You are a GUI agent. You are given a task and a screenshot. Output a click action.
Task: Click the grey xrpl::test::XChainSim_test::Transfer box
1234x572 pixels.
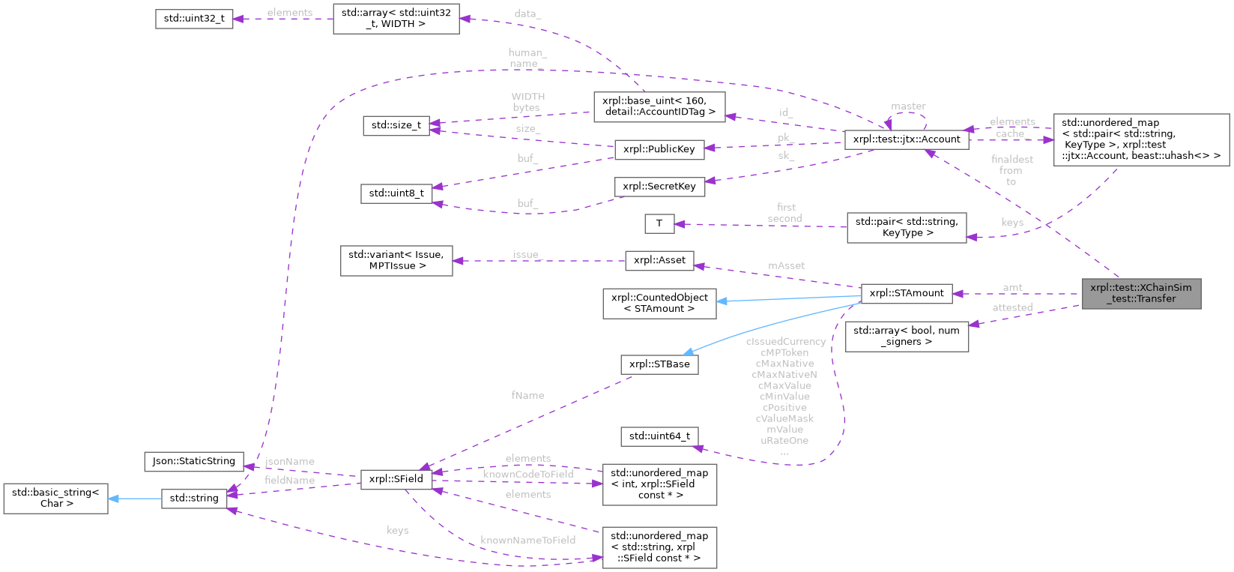click(1141, 293)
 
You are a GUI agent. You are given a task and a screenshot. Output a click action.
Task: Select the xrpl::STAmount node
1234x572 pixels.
click(907, 293)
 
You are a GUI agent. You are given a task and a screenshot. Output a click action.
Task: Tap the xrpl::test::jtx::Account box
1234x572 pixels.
click(907, 139)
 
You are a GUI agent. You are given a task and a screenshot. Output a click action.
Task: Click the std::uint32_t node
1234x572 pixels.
click(194, 19)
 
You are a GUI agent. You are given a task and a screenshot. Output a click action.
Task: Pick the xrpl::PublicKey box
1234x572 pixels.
click(659, 149)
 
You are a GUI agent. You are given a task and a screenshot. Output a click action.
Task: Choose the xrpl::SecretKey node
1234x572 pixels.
click(659, 187)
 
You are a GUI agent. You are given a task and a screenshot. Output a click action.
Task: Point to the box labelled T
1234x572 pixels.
click(659, 223)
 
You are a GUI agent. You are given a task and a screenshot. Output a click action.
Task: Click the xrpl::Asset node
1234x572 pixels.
click(659, 260)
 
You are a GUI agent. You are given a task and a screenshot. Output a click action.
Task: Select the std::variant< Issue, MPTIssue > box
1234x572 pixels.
click(396, 260)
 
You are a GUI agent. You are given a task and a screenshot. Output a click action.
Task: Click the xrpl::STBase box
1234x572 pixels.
click(659, 364)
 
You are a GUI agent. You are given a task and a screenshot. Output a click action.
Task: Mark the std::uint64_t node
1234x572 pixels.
click(659, 436)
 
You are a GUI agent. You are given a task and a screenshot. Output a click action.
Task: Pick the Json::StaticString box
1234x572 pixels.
click(194, 461)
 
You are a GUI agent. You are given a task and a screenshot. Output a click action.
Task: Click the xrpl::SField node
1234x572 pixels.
click(396, 479)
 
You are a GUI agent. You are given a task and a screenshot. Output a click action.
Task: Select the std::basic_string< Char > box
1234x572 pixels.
click(56, 498)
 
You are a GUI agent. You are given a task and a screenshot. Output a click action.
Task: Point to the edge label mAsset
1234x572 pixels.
click(787, 265)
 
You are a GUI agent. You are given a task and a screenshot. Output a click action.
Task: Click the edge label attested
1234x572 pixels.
click(1012, 307)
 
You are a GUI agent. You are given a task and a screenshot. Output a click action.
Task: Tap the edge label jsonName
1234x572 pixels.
click(290, 462)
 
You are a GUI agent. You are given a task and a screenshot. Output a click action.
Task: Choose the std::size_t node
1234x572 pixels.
click(396, 125)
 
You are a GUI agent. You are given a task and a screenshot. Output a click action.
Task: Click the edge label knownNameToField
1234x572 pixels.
click(528, 540)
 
